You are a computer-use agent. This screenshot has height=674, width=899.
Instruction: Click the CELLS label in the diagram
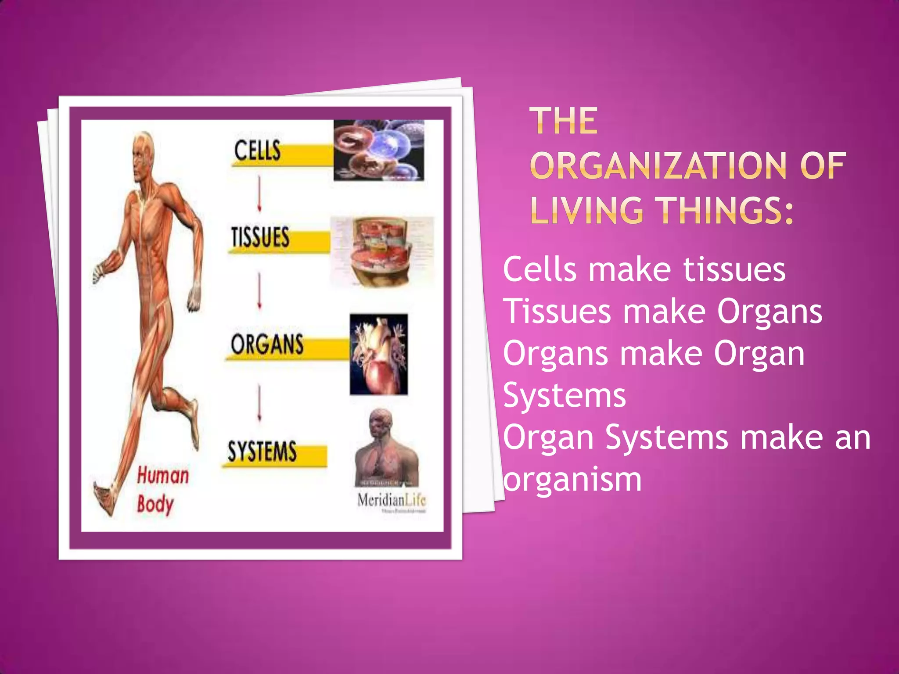point(257,151)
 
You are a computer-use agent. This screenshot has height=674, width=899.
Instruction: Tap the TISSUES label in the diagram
point(260,237)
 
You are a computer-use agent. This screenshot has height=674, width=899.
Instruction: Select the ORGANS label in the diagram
point(267,344)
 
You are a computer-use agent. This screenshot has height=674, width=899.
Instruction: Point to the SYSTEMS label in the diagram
point(262,452)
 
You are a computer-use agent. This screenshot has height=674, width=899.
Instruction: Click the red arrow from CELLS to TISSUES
point(259,194)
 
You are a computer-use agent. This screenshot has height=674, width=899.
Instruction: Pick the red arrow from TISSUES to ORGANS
point(259,291)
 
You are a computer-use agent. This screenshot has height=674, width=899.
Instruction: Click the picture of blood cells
point(379,150)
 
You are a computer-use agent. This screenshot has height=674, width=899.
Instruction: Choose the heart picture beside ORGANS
point(379,354)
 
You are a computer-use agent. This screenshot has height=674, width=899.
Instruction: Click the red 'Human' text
point(163,476)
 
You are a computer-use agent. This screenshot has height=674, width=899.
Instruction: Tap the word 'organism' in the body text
point(572,479)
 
